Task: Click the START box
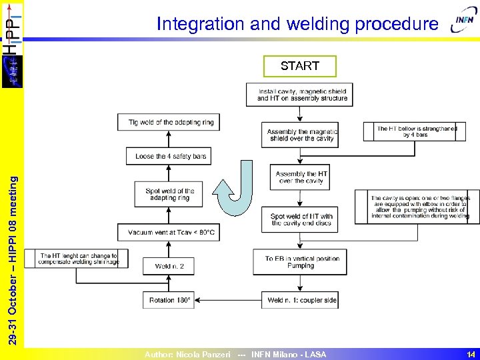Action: (300, 66)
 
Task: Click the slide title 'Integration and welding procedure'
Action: (297, 24)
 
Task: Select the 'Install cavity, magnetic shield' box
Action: (299, 95)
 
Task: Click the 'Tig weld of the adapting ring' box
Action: (169, 122)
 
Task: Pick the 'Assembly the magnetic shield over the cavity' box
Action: (300, 135)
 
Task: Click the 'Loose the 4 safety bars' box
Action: (169, 156)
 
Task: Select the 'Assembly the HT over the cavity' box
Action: (300, 177)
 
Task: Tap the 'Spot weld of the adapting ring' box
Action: (169, 194)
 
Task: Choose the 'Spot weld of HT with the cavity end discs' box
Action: (301, 219)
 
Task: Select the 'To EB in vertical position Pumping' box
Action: (299, 262)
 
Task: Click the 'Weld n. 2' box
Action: (169, 266)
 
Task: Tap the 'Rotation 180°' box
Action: (169, 300)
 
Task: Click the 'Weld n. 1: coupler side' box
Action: (300, 300)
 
